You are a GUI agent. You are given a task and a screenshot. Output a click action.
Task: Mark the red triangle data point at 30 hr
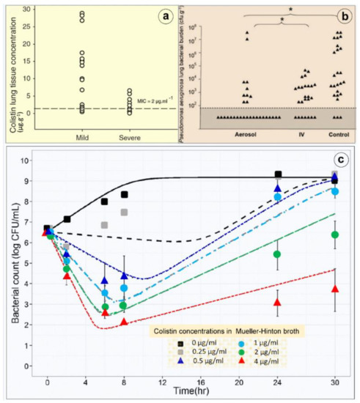coord(335,289)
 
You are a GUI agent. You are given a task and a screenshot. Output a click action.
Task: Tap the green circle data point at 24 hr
coord(278,254)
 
